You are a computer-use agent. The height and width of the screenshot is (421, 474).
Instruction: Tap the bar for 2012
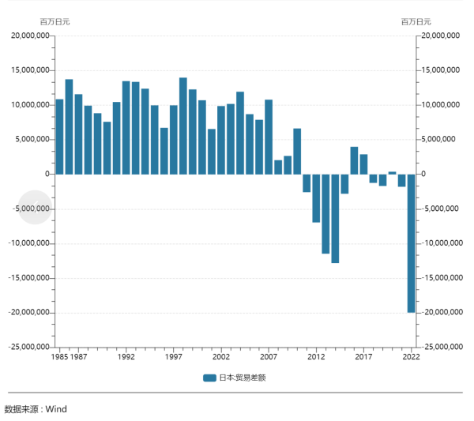(x=316, y=198)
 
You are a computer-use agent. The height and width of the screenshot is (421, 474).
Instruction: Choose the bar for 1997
(x=174, y=140)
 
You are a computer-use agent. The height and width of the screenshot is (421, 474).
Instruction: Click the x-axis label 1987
(x=78, y=356)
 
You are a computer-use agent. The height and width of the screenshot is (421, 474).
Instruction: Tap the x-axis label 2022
(x=411, y=356)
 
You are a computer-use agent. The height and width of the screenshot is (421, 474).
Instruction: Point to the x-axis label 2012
(x=316, y=356)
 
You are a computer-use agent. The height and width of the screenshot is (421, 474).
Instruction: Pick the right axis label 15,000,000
(x=441, y=70)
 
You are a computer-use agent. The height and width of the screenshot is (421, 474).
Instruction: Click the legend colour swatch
(x=209, y=378)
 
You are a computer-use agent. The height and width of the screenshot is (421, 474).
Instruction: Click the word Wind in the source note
(x=56, y=409)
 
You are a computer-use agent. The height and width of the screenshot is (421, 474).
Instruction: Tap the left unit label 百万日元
(x=55, y=21)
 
